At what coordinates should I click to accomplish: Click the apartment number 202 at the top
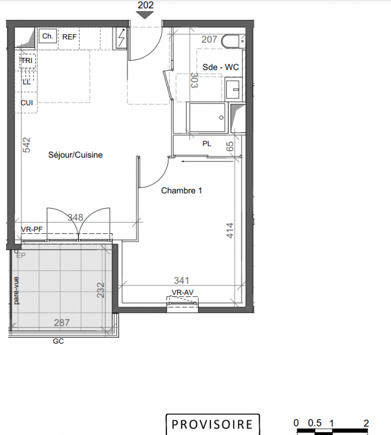click(145, 5)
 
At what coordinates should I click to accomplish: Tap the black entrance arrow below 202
click(145, 15)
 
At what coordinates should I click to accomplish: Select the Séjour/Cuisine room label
click(76, 155)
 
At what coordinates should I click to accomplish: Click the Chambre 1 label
click(182, 191)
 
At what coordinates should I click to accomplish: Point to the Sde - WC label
click(221, 67)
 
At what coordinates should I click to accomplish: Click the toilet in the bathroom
click(233, 41)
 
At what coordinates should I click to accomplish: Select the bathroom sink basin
click(233, 89)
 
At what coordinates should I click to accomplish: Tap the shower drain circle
click(221, 117)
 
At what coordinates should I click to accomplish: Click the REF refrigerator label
click(69, 37)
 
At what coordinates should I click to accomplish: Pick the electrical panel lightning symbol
click(121, 38)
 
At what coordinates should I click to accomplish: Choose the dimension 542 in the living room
click(26, 145)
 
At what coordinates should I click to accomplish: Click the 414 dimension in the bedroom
click(230, 230)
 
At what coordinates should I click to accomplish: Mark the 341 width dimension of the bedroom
click(182, 281)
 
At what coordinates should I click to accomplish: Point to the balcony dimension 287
click(61, 322)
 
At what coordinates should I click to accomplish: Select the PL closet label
click(207, 144)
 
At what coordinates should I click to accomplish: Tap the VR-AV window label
click(183, 293)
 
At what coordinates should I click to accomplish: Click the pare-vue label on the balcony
click(16, 290)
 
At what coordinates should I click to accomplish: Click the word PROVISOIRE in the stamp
click(212, 425)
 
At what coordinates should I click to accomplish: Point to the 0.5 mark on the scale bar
click(315, 423)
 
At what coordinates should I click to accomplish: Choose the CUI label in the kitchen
click(27, 103)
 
